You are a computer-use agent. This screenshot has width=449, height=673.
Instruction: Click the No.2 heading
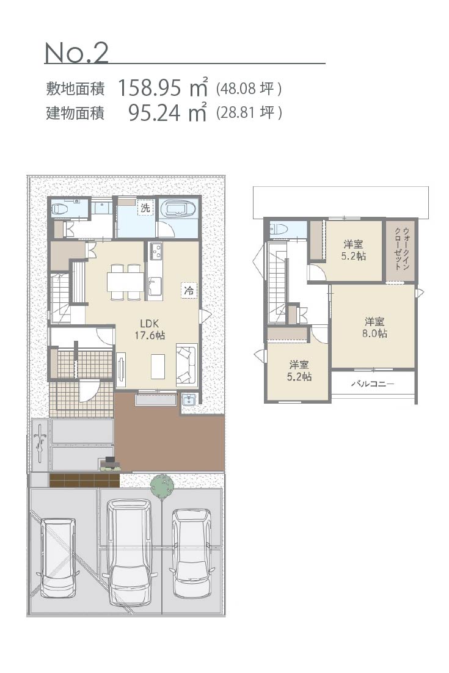tap(76, 53)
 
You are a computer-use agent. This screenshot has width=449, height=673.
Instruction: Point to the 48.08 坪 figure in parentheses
tap(249, 89)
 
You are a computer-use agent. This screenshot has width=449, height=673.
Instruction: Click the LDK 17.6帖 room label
tap(150, 329)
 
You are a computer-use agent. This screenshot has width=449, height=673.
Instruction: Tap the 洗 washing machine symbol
tap(145, 208)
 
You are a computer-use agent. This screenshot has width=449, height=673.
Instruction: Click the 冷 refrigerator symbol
tap(189, 290)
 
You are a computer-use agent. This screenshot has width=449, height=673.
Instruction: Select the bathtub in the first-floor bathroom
tap(178, 209)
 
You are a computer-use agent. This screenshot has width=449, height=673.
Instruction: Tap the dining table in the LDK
tap(125, 282)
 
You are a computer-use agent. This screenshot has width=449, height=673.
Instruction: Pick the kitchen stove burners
tap(155, 251)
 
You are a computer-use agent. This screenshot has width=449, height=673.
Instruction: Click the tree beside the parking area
tap(162, 486)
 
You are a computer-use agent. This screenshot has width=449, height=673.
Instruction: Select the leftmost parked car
tap(57, 558)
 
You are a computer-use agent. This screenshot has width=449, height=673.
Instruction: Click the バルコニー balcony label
tap(373, 384)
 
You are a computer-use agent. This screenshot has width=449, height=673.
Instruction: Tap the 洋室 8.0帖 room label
tap(374, 327)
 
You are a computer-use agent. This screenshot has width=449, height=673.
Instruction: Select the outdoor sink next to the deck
tap(189, 399)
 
